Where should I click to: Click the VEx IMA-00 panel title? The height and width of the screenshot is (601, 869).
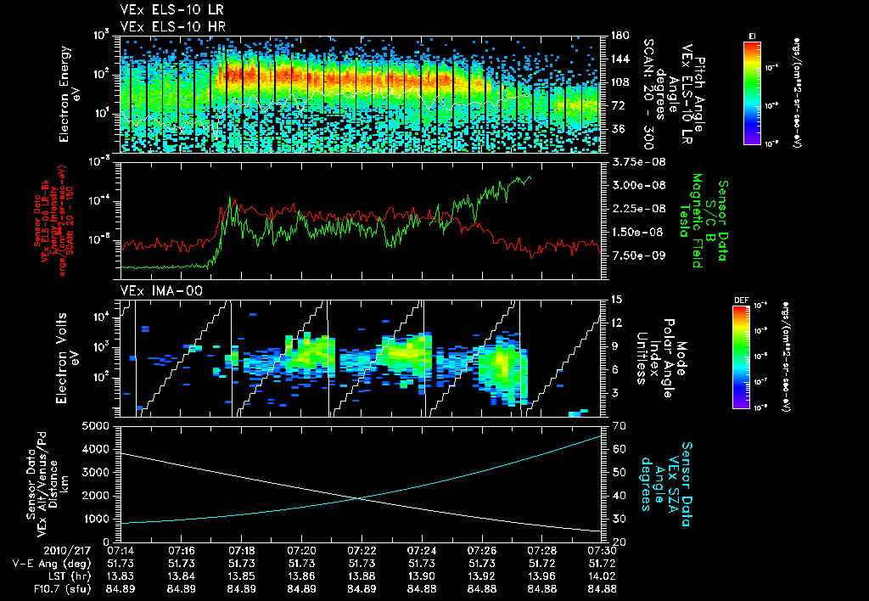click(x=154, y=290)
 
